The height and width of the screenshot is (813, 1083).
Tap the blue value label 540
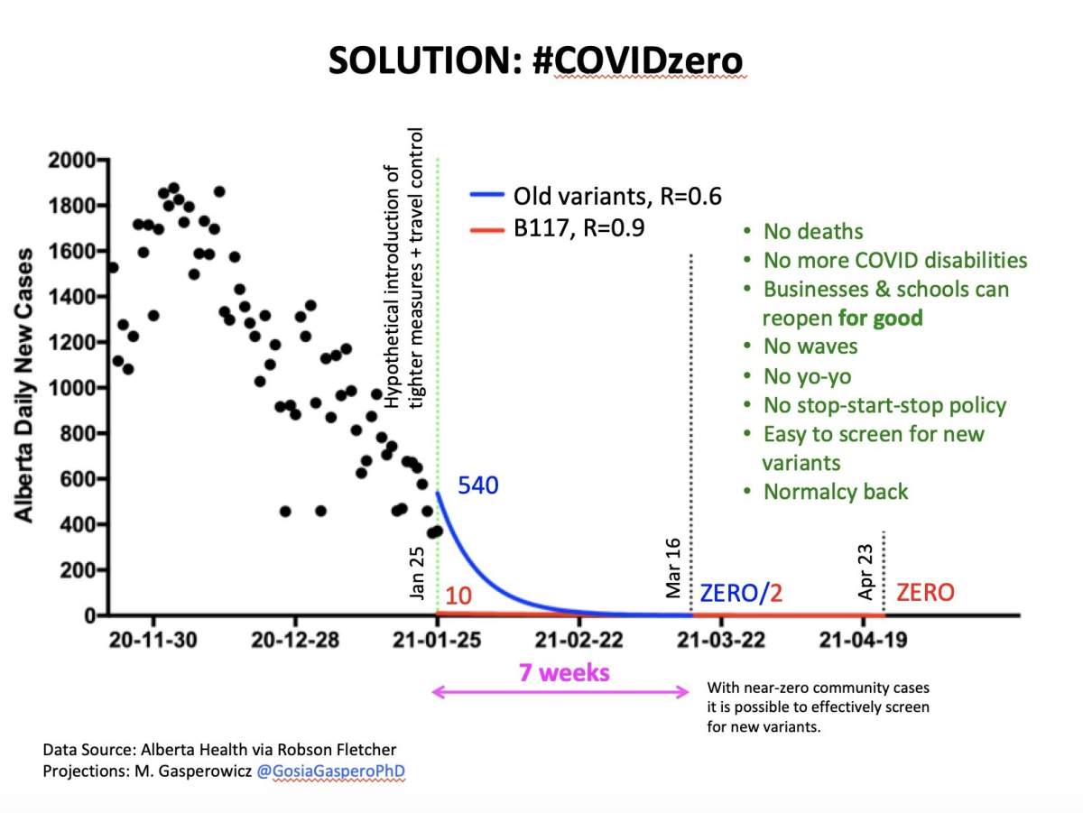[478, 485]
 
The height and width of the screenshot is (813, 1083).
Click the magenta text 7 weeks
[563, 672]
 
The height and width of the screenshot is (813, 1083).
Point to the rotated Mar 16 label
[674, 570]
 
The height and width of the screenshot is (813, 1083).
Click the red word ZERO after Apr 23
[924, 593]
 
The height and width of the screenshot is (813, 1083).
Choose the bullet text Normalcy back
[835, 492]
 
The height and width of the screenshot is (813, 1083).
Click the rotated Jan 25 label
[418, 570]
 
